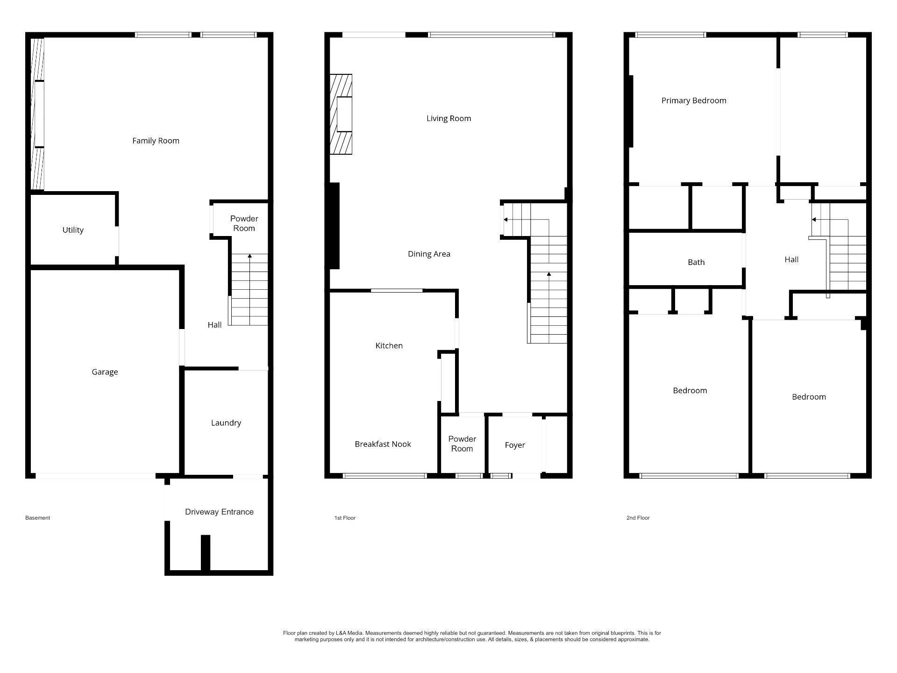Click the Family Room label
coord(156,141)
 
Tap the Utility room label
coord(73,230)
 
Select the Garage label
coord(105,372)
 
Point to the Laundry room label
coord(226,423)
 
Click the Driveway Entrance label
coord(219,512)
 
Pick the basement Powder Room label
coord(244,223)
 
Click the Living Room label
coord(448,119)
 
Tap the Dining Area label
coord(429,254)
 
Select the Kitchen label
coord(389,346)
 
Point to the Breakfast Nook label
coord(383,444)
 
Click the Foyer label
coord(515,445)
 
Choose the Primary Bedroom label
coord(694,101)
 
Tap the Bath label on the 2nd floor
coord(696,263)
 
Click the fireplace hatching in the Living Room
coord(341,114)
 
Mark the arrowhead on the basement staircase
coord(250,256)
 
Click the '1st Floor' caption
coord(345,518)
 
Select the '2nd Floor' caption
coord(638,518)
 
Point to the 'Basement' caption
coord(37,518)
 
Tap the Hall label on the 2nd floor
coord(791,260)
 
